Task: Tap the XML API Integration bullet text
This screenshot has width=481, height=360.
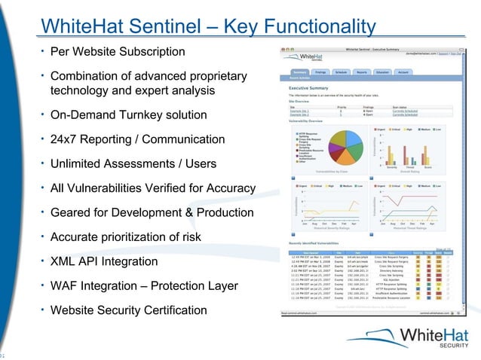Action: click(103, 262)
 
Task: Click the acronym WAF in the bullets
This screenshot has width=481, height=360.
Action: click(64, 287)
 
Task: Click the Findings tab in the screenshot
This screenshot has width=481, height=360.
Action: click(320, 72)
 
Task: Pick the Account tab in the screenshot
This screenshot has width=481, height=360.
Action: click(403, 72)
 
